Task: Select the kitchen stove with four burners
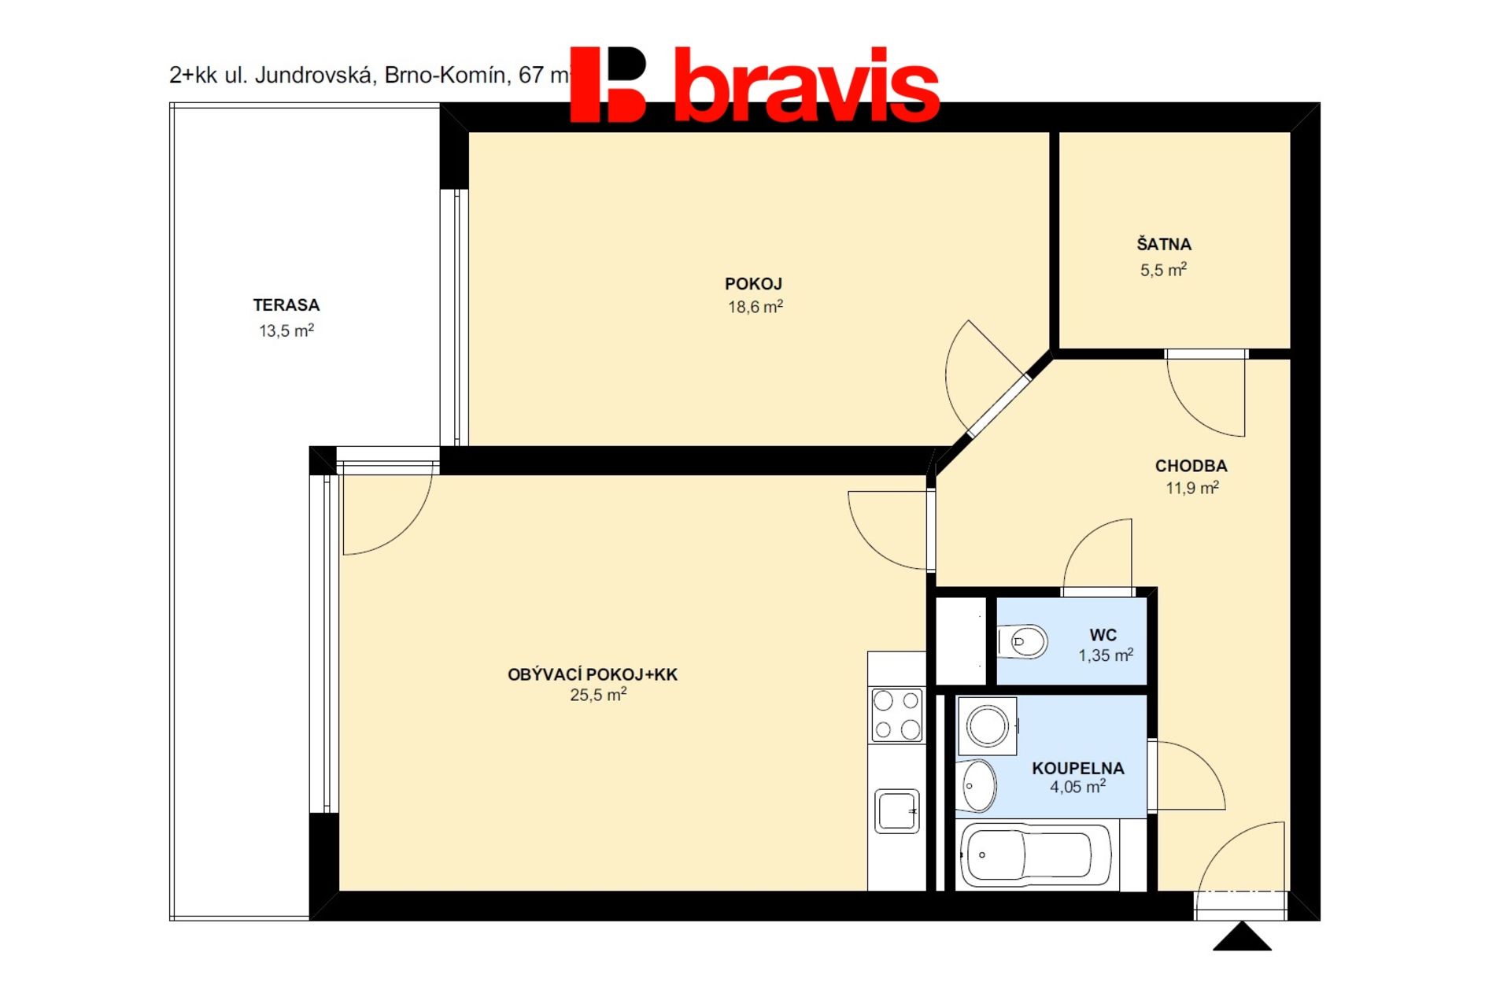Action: click(896, 714)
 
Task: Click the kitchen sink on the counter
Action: click(896, 810)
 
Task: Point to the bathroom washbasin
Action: click(979, 785)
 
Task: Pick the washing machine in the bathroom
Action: click(988, 725)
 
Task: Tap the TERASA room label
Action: click(286, 305)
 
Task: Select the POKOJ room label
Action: click(753, 284)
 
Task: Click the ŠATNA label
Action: click(1164, 244)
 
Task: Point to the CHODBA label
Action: click(1191, 466)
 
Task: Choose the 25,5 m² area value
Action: click(598, 694)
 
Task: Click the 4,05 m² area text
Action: click(1077, 786)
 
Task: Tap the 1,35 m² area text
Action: click(1106, 655)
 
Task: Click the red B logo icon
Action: click(608, 84)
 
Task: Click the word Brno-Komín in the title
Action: click(445, 75)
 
